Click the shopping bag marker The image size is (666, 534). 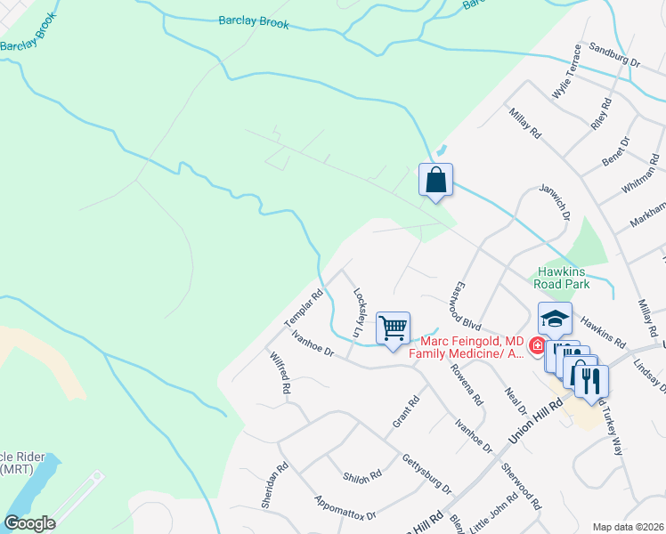[x=435, y=181]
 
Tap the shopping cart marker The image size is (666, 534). [x=393, y=328]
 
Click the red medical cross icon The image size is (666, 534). [x=537, y=346]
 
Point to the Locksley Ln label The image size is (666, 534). [x=359, y=311]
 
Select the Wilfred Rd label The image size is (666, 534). [x=280, y=374]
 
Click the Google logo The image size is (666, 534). [x=29, y=523]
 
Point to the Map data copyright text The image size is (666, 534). [x=629, y=527]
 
